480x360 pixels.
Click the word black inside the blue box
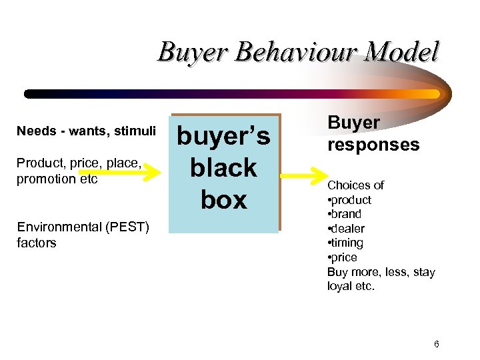(223, 167)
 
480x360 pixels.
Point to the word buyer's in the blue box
(223, 136)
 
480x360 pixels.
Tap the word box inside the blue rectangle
(223, 199)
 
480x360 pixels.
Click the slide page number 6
(436, 344)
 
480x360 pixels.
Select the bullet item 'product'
(351, 200)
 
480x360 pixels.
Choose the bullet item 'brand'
(347, 214)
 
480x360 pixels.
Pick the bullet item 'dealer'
(348, 229)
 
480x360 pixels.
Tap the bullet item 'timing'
(347, 243)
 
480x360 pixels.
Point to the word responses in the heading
(373, 145)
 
